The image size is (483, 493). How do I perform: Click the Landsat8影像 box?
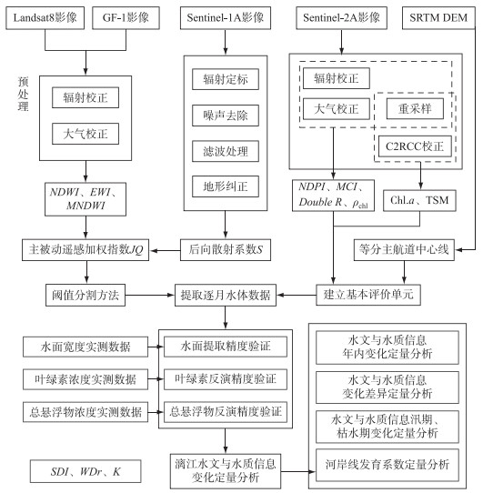click(x=45, y=18)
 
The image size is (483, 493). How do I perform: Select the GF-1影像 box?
click(x=126, y=18)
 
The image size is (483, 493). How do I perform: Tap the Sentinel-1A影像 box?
click(x=226, y=18)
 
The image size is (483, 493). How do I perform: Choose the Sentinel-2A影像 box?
click(x=341, y=18)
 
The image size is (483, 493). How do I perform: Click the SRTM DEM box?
click(x=438, y=18)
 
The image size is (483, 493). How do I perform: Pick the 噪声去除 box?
click(x=226, y=116)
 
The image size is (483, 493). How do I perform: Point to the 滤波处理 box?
click(x=226, y=151)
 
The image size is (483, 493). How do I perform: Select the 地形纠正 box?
click(x=226, y=186)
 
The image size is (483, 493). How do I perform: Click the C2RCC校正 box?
click(x=415, y=146)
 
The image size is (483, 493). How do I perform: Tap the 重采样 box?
click(x=415, y=109)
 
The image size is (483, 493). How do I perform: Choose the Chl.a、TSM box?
click(x=419, y=200)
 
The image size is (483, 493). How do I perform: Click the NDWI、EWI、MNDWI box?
click(x=86, y=199)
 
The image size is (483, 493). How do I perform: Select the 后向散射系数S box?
click(x=226, y=250)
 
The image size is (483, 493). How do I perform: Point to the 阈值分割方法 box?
click(x=86, y=295)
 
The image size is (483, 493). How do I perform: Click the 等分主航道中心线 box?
click(x=404, y=250)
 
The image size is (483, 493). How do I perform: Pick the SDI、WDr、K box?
click(x=86, y=471)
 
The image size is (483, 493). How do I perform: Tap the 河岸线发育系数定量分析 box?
click(x=387, y=465)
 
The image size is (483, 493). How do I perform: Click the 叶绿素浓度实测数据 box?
click(x=86, y=379)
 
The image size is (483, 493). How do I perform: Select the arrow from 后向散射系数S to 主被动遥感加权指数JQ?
click(x=166, y=250)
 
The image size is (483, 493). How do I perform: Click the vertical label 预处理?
click(x=23, y=94)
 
